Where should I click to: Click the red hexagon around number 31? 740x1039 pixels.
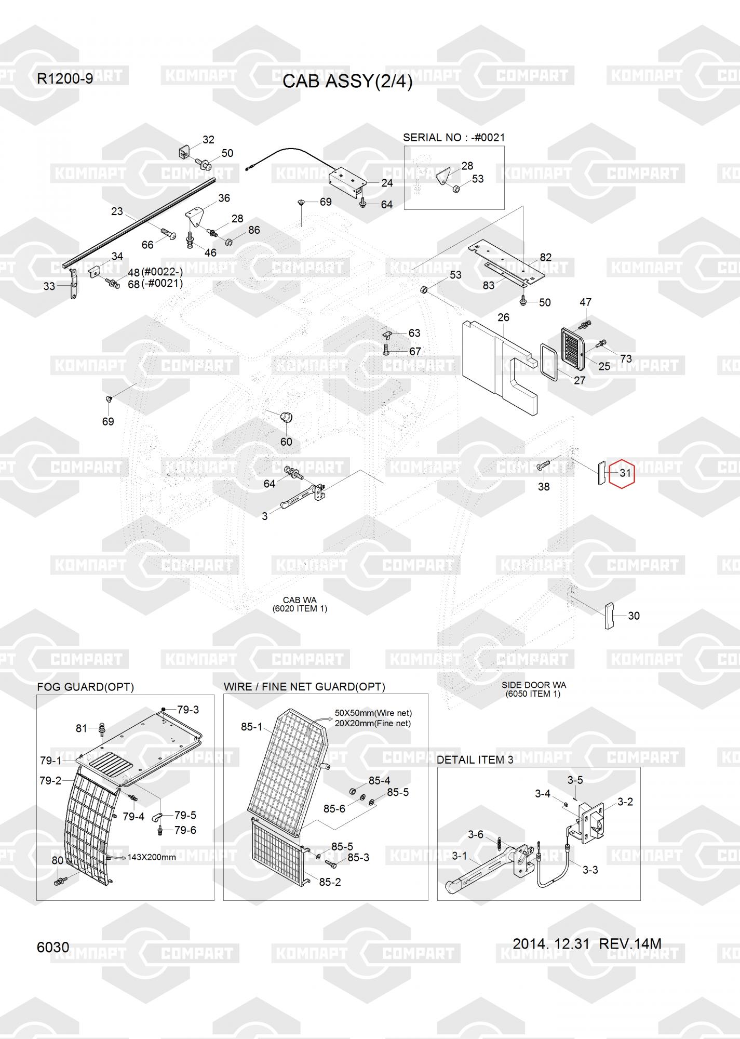(622, 473)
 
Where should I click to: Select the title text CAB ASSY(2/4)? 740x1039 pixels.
(347, 82)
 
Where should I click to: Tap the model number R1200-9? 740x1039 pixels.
(65, 79)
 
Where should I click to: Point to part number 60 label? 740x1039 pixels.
(286, 442)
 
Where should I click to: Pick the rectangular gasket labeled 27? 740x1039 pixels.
(550, 362)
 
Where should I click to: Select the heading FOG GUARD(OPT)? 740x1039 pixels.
(86, 687)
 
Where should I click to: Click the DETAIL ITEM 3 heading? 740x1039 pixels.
(475, 760)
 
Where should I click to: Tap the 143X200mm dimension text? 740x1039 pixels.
(152, 857)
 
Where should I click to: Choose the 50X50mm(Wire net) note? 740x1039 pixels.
(373, 713)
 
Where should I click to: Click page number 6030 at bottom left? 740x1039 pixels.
(53, 947)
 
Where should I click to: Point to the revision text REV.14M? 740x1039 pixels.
(630, 943)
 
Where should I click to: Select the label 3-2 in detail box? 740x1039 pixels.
(625, 802)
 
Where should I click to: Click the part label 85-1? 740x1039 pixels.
(252, 727)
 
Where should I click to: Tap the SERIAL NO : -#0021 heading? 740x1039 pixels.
(454, 138)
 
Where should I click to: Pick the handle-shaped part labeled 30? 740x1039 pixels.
(609, 616)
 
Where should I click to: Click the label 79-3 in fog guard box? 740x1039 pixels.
(188, 710)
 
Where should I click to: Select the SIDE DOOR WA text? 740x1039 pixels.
(534, 685)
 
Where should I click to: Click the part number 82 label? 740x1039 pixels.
(546, 257)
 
